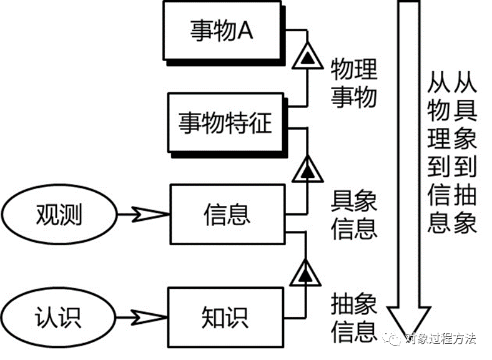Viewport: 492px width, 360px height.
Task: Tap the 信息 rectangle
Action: (227, 214)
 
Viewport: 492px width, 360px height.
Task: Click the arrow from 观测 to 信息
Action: (144, 215)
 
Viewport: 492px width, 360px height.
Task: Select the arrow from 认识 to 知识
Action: (144, 315)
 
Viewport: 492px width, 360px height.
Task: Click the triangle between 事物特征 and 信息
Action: (306, 168)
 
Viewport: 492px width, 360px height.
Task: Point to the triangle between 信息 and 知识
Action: (306, 273)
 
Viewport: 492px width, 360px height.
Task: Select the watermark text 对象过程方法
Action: (440, 339)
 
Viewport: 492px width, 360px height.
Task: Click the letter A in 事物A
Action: (245, 31)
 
